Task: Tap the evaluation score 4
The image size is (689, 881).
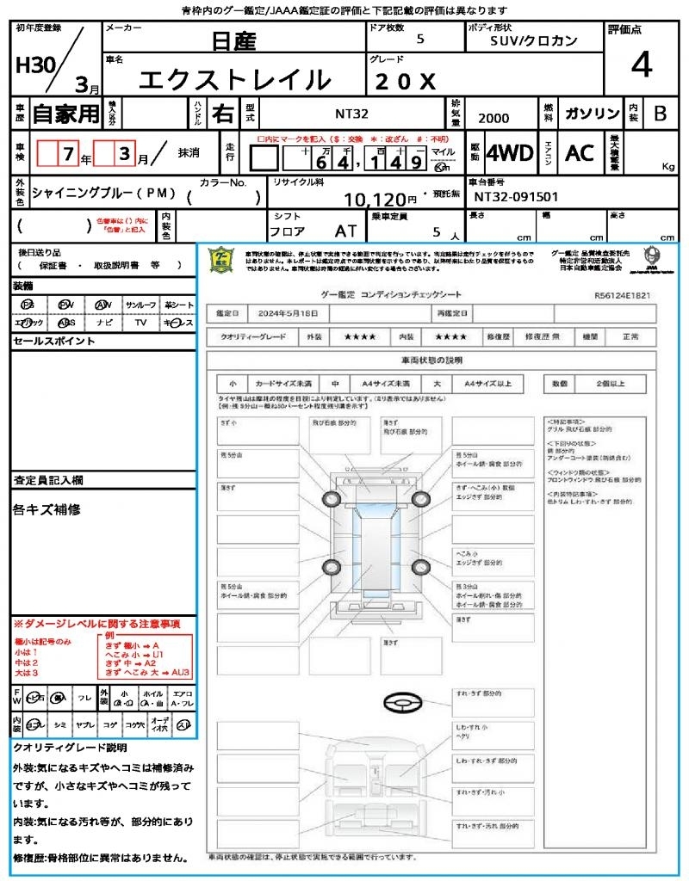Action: coord(641,65)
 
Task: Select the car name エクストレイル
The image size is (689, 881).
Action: coord(234,80)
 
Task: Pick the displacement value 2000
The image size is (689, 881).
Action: coord(493,119)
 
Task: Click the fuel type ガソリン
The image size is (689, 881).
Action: coord(592,114)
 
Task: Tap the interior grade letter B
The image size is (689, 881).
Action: coord(660,114)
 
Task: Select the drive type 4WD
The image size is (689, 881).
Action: coord(510,153)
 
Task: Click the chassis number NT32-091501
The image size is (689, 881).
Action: coord(516,197)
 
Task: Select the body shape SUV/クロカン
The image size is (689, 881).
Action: coord(534,40)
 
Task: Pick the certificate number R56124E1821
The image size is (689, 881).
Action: coord(623,294)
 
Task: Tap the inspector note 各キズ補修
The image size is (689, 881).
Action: coord(47,510)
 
